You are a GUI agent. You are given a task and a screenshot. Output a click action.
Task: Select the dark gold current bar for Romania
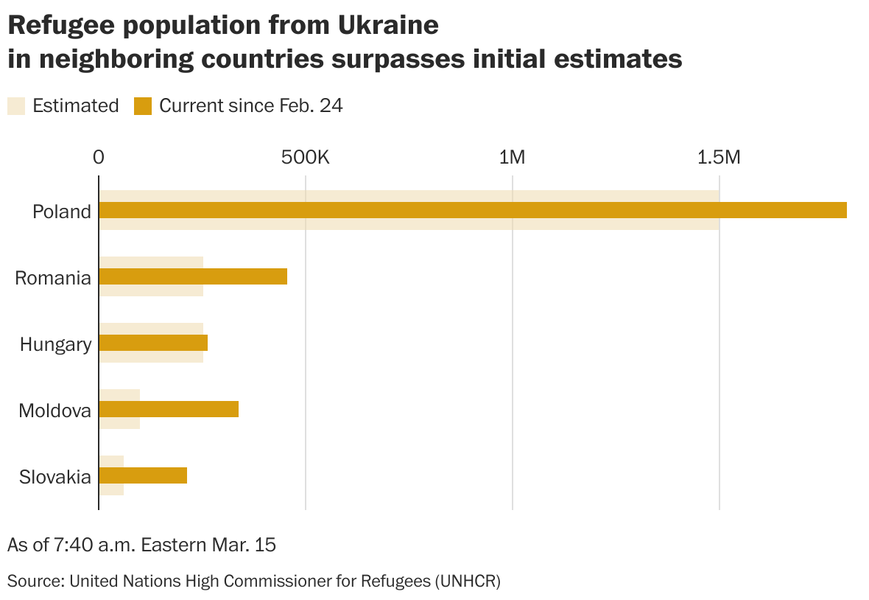(193, 276)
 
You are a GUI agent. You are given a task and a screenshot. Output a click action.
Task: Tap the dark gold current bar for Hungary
(153, 343)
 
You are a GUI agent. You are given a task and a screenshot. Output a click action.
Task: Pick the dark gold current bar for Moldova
(169, 409)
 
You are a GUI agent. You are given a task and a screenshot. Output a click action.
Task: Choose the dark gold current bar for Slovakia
(143, 475)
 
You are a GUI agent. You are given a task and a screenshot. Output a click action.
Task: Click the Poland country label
(62, 212)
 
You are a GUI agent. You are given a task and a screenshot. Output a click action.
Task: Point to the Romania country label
(53, 278)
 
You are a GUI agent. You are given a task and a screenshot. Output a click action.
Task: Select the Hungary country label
(56, 344)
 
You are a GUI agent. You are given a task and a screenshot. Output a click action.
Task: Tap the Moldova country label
(55, 411)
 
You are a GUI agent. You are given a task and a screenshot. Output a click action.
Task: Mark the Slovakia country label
(55, 477)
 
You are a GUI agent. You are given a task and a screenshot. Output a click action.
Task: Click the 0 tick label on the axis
(99, 157)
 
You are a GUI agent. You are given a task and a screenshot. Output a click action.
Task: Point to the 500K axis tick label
(305, 157)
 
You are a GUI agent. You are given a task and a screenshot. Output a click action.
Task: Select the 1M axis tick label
(512, 157)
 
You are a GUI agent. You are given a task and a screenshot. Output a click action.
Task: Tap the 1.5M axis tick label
(718, 157)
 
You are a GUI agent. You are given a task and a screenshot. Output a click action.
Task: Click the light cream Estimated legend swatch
(16, 106)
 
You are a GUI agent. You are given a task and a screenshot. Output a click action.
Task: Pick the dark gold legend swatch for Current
(142, 106)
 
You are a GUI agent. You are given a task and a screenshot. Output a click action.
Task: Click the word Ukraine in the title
(388, 26)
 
